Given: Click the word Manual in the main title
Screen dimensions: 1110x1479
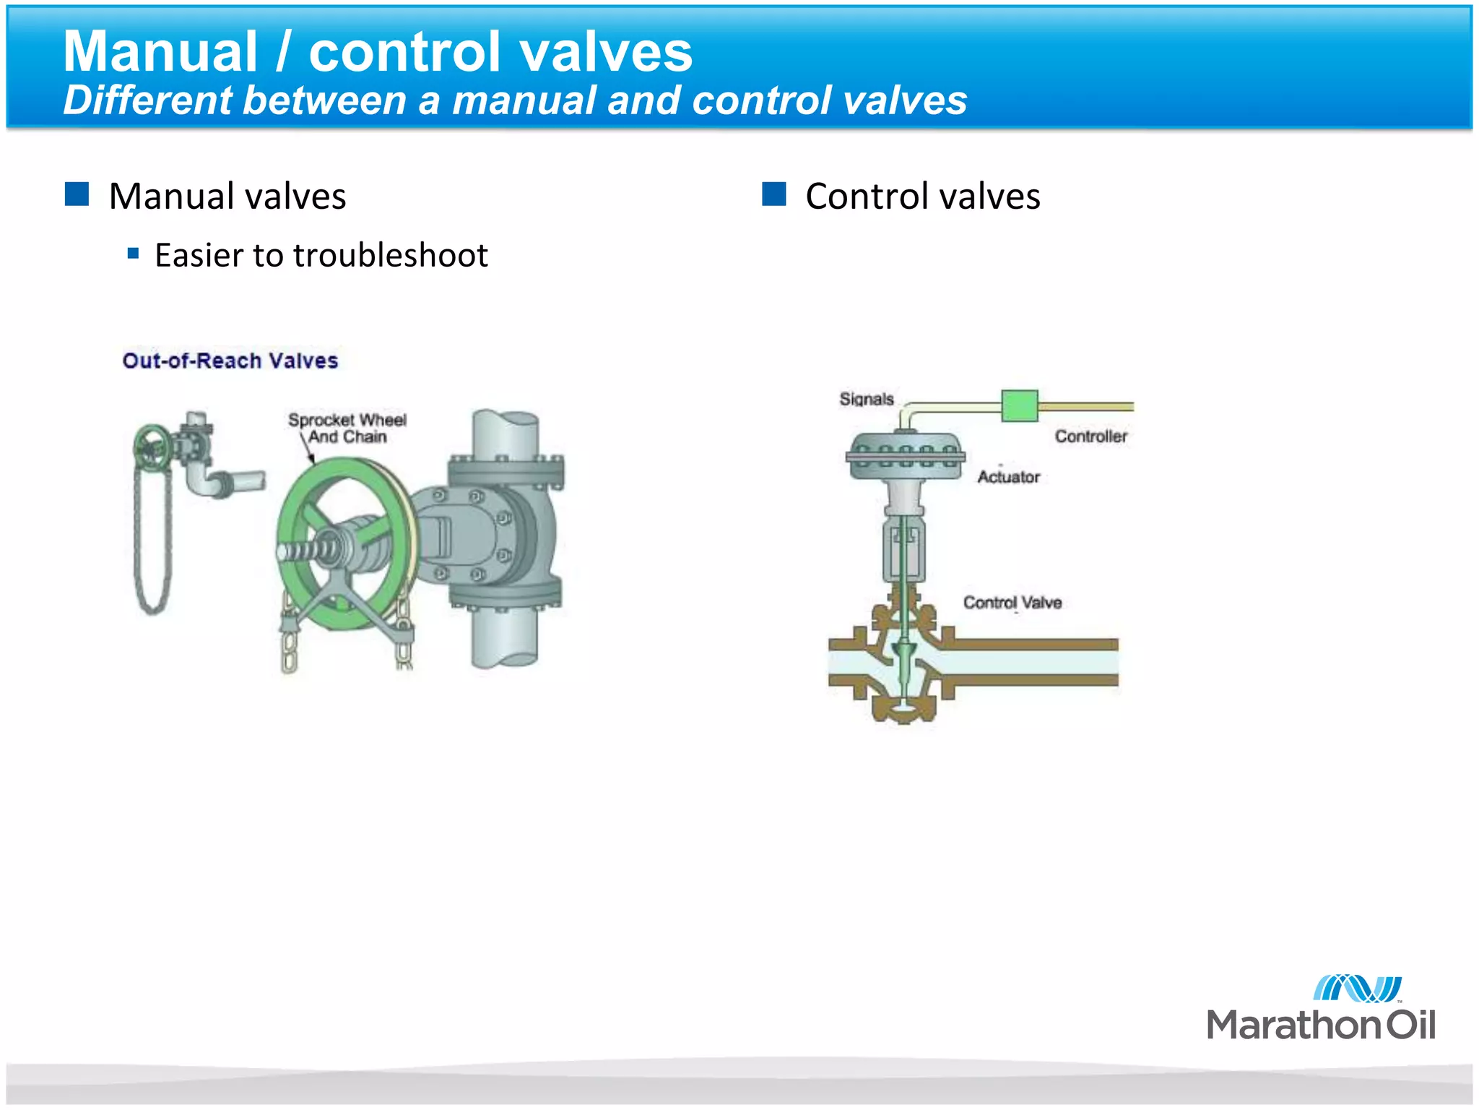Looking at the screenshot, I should click(x=160, y=52).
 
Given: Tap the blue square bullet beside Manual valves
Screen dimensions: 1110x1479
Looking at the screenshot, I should click(x=77, y=194).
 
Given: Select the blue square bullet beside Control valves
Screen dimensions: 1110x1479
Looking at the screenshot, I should click(x=773, y=194).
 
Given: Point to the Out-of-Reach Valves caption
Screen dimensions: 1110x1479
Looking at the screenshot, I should click(x=230, y=361).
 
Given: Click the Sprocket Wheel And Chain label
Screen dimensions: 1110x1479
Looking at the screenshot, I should click(x=347, y=428).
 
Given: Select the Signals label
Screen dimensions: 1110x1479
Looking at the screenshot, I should click(x=867, y=399).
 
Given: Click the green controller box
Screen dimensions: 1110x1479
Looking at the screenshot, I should click(x=1020, y=405).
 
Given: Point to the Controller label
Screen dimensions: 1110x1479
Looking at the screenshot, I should click(x=1090, y=436).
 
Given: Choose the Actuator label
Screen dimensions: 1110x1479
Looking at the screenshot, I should click(x=1008, y=477).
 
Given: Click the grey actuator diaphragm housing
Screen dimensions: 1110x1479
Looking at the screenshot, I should click(x=906, y=455).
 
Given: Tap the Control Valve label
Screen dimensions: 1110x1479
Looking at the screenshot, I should click(x=1012, y=603).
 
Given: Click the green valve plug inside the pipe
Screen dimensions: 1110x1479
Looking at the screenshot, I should click(x=903, y=655).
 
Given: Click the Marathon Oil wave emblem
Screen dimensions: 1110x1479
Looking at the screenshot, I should click(x=1357, y=988).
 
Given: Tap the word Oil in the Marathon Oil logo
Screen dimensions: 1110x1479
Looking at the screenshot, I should click(x=1409, y=1025).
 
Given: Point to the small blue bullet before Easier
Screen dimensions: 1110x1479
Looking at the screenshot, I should click(x=133, y=254).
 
